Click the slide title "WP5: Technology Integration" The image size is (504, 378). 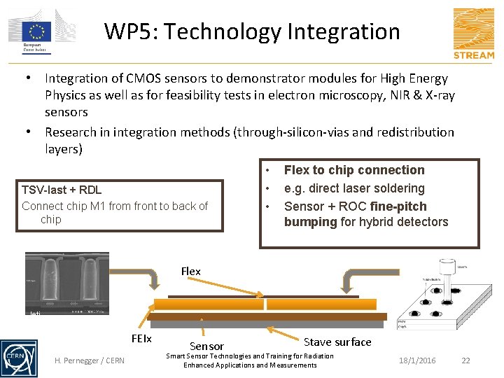252,31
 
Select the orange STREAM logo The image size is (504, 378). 473,33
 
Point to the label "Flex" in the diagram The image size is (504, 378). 190,271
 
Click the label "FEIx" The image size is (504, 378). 141,338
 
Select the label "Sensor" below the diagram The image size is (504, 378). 207,346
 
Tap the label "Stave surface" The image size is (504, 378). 337,342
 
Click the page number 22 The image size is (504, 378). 466,360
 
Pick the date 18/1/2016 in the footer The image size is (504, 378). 417,360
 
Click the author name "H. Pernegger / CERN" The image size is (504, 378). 90,360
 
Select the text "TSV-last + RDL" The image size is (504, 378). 62,190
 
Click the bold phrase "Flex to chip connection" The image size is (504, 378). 354,170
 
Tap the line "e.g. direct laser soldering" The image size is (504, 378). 354,188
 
